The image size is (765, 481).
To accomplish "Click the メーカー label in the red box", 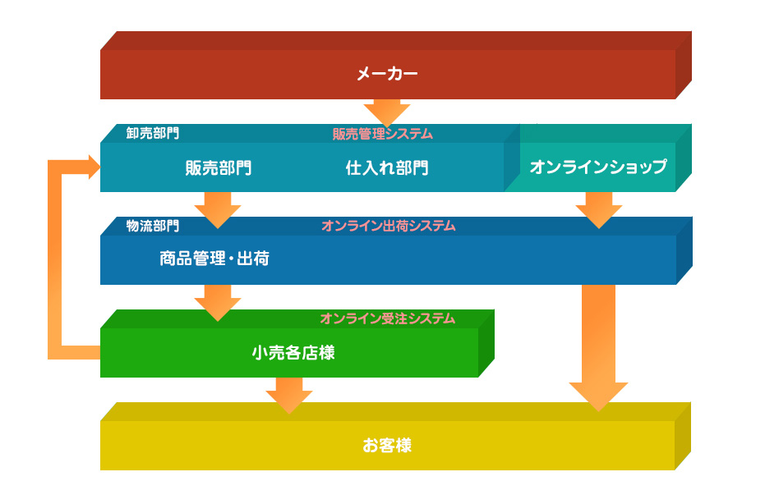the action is click(x=387, y=74).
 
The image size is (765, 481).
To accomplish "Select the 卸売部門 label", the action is click(x=153, y=133).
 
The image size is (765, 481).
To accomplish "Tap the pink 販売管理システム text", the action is click(x=383, y=134).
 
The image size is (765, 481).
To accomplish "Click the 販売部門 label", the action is click(x=218, y=168).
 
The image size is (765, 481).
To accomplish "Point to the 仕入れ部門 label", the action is click(x=387, y=168).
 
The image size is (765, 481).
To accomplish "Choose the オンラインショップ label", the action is click(x=598, y=167).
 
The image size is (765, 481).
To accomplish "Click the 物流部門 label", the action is click(x=153, y=226).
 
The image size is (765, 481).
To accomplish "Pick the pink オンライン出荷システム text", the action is click(x=389, y=226).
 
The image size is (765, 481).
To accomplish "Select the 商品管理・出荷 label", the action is click(x=214, y=259).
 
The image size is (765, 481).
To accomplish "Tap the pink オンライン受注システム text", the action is click(x=388, y=318).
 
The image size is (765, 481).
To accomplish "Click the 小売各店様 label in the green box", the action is click(x=293, y=352).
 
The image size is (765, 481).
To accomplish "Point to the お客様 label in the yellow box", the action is click(x=387, y=445).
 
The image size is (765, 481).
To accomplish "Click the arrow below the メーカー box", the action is click(x=387, y=113).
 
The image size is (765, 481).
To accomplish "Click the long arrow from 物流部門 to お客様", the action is click(x=599, y=348).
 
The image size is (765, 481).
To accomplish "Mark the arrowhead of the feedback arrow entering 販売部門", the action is click(x=94, y=167).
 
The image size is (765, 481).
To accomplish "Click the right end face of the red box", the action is click(x=684, y=65).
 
